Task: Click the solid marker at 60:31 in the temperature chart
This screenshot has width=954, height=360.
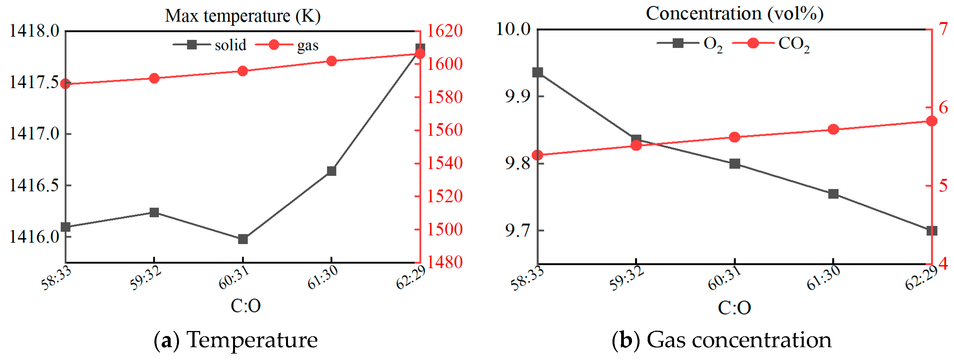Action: (243, 239)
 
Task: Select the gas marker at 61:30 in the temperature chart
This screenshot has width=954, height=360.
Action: (331, 61)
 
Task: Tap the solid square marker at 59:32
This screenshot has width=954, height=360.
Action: (154, 212)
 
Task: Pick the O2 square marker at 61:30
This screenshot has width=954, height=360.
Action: (833, 194)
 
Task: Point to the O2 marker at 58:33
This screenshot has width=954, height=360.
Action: (538, 72)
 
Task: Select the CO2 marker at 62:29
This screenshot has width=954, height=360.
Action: (931, 122)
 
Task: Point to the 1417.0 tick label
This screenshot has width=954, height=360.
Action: (34, 133)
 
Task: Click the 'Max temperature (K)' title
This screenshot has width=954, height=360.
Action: (243, 16)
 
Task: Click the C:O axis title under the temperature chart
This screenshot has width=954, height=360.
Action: (246, 306)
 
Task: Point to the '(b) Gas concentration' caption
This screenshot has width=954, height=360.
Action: (721, 340)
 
